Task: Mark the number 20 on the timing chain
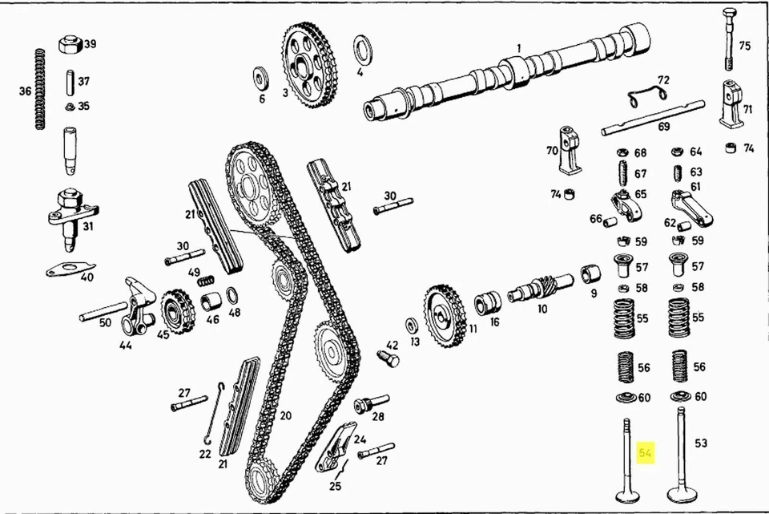(285, 415)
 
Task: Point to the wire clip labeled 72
(649, 96)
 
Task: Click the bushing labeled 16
(487, 303)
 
